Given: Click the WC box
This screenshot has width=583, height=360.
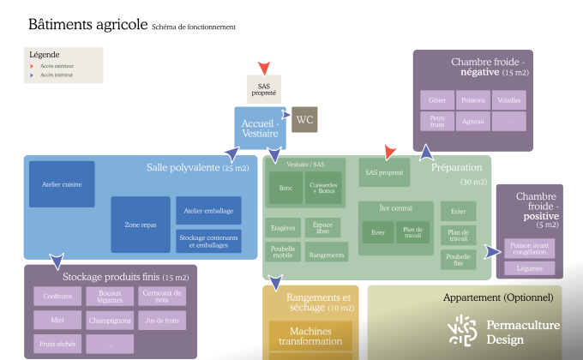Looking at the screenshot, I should coord(304,120).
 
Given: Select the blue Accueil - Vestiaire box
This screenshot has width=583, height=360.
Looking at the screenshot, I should coord(260,128).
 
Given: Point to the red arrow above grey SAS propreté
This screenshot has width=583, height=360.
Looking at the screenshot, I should coord(264,67).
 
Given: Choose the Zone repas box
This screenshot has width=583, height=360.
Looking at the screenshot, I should coord(140,224).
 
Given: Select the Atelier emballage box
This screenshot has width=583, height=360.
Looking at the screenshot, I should coord(208,210).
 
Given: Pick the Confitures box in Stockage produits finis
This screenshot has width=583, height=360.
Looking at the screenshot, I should coord(57,297).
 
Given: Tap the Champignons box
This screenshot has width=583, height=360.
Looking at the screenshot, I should coord(110,321).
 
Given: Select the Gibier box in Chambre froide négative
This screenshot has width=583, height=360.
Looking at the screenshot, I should coord(437,100).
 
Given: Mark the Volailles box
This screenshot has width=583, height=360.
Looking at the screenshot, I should coord(508,100).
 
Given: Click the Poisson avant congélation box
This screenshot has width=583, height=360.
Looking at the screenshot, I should coord(529,249).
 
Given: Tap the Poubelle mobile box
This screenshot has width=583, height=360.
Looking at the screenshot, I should coord(283,252).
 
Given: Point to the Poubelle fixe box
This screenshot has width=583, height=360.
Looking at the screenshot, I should coord(459,259).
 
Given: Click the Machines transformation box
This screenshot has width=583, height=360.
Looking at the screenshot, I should coord(310,336).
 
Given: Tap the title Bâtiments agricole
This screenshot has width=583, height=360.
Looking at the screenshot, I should coord(87,25).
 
